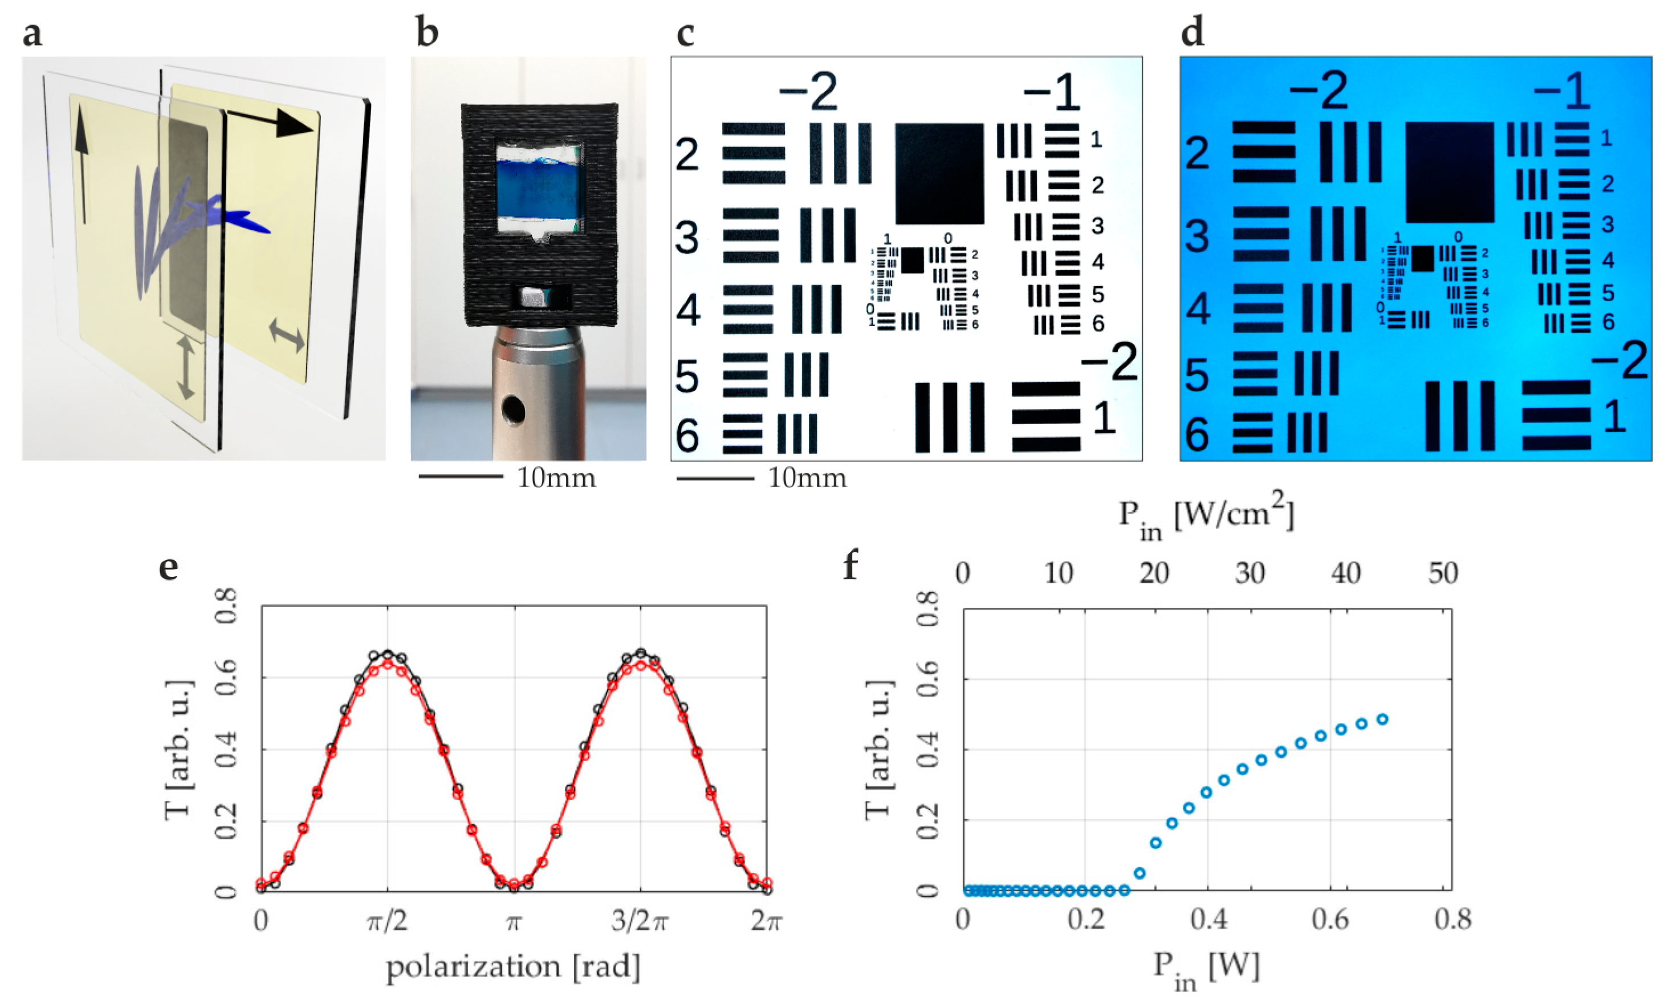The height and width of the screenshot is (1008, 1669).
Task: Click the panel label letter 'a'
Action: point(32,34)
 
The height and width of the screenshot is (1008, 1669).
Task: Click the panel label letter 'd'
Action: point(1192,32)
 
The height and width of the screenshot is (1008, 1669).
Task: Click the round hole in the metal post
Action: point(513,409)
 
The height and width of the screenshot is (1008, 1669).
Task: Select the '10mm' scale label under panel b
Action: point(556,478)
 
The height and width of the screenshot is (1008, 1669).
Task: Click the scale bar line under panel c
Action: point(715,478)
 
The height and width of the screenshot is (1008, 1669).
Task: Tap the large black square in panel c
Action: point(939,173)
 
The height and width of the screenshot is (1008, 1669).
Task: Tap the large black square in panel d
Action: point(1449,172)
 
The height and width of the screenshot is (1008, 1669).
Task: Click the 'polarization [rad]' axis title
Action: point(513,966)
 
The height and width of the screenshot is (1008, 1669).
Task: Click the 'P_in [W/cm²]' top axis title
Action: point(1206,518)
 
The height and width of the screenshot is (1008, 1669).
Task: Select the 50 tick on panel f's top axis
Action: point(1443,573)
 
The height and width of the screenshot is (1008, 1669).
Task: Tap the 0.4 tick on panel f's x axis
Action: point(1208,919)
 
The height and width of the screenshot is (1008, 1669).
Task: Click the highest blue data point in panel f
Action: point(1382,720)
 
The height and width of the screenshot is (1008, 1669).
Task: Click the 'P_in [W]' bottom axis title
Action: point(1206,968)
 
